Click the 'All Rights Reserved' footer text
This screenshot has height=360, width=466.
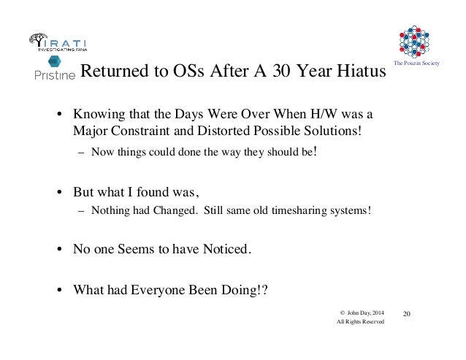click(358, 325)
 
